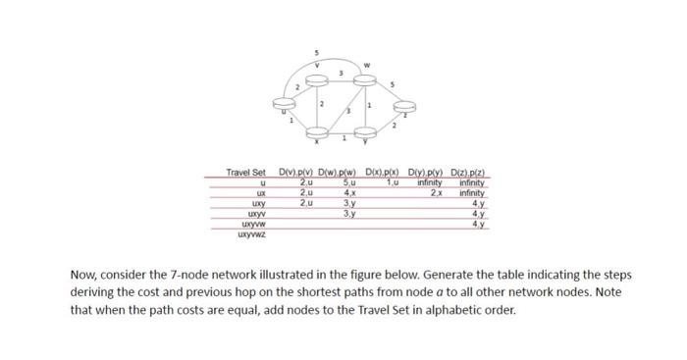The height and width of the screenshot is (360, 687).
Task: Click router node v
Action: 316,76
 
